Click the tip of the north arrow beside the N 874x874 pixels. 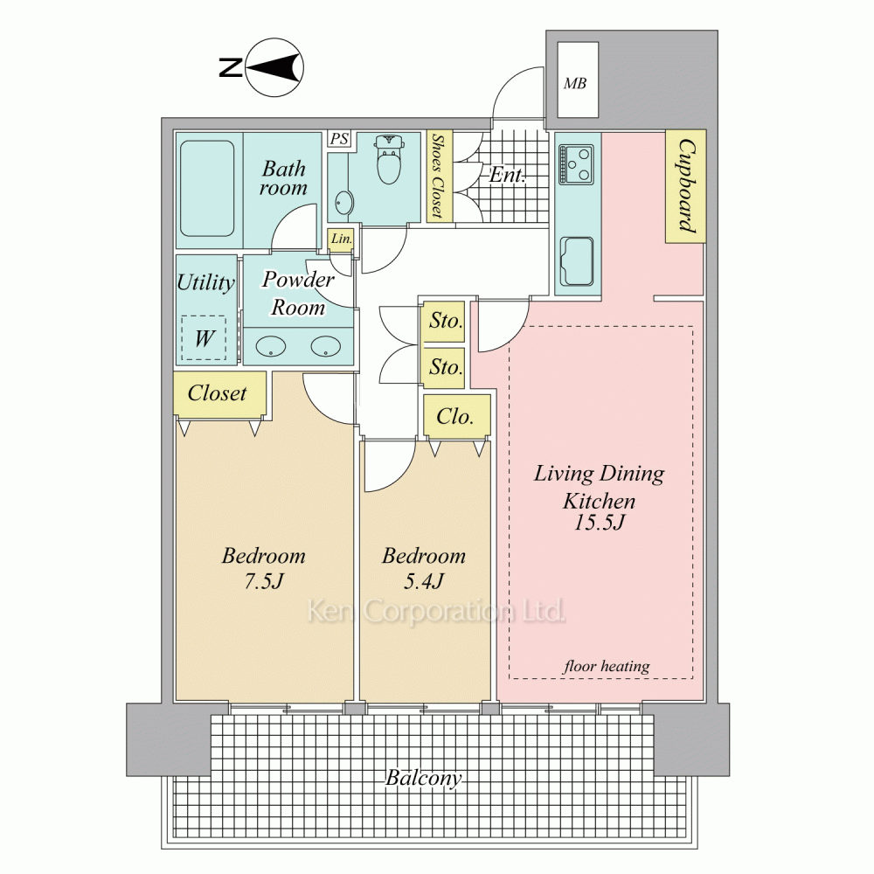pyautogui.click(x=246, y=68)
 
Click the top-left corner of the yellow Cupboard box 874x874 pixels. pyautogui.click(x=666, y=130)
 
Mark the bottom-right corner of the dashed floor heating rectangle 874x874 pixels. pyautogui.click(x=693, y=678)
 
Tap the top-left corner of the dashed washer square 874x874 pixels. pyautogui.click(x=183, y=316)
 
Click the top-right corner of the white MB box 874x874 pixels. pyautogui.click(x=598, y=42)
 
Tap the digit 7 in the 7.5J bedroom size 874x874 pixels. pyautogui.click(x=250, y=581)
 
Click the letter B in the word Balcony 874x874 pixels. pyautogui.click(x=393, y=777)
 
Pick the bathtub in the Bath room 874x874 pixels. pyautogui.click(x=207, y=189)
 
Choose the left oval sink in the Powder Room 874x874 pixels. pyautogui.click(x=271, y=347)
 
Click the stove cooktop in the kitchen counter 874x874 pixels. pyautogui.click(x=576, y=164)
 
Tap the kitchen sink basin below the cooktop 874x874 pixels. pyautogui.click(x=576, y=260)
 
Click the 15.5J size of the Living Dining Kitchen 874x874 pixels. pyautogui.click(x=600, y=523)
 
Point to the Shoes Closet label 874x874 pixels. pyautogui.click(x=439, y=176)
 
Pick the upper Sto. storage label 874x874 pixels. pyautogui.click(x=446, y=321)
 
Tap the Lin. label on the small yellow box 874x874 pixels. pyautogui.click(x=341, y=239)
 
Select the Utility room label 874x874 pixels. pyautogui.click(x=205, y=282)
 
